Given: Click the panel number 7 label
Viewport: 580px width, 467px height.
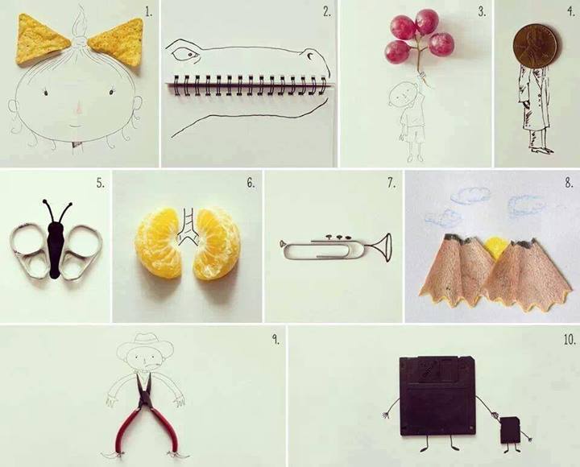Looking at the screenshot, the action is tap(391, 184).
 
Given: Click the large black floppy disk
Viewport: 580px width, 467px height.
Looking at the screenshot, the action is tap(437, 395).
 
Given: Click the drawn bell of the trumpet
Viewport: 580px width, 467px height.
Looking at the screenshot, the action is tap(385, 247).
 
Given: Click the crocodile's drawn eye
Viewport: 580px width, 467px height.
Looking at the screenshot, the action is tap(188, 56).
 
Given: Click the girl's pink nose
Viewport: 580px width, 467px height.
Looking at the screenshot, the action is tap(78, 108).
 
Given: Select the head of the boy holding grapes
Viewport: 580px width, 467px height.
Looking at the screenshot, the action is tap(403, 93).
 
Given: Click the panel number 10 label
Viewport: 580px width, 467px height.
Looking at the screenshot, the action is tap(570, 340).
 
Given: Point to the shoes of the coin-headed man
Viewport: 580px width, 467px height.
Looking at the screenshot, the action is tap(541, 149).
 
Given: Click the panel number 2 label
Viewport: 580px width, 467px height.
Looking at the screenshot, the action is tap(326, 12).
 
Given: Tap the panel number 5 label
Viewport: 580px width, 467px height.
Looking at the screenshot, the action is tap(100, 183).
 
